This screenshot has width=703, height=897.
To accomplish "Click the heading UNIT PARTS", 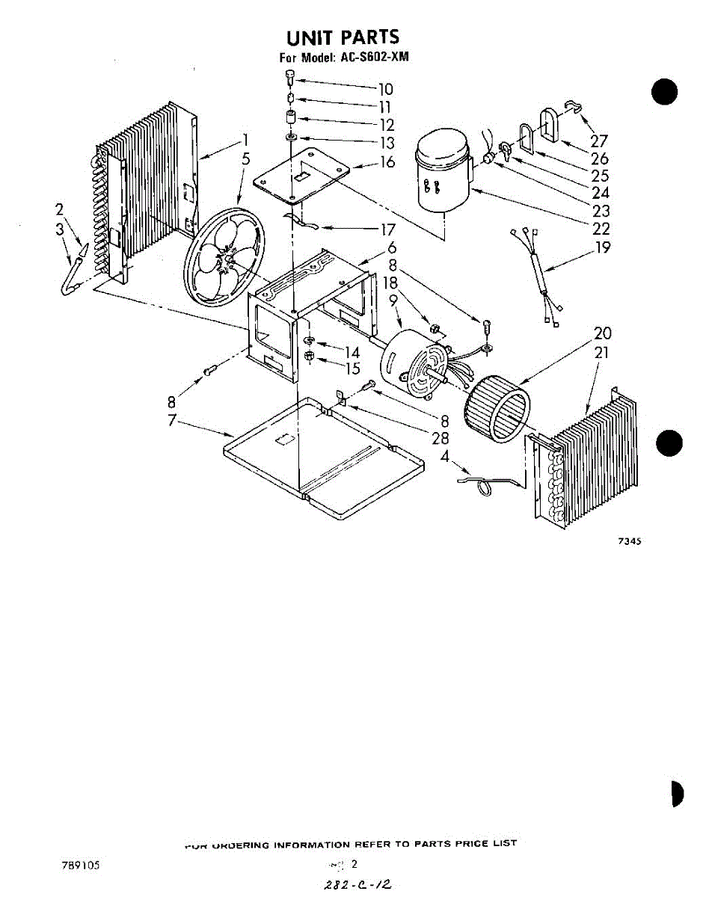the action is point(343,37).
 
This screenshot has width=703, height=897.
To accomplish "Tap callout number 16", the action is point(387,161).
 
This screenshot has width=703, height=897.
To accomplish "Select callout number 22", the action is point(601,229).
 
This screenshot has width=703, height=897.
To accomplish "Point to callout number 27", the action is point(598,141).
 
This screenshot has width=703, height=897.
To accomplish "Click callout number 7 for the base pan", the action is point(173,421).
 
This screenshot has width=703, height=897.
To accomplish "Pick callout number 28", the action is point(440,439).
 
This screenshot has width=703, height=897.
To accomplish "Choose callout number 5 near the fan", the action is point(245,158).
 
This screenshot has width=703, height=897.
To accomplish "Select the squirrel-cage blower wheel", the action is point(497,410).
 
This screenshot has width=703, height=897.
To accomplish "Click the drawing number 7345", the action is point(629,542).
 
